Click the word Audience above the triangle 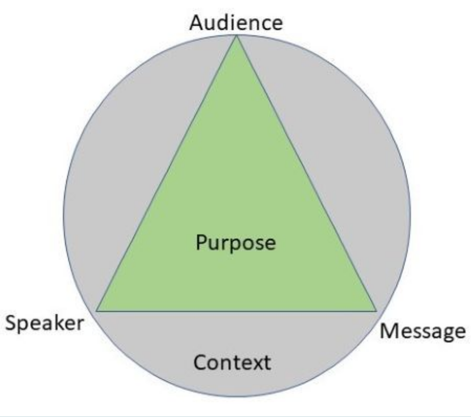point(236,23)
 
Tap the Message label point(422,331)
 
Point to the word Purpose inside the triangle point(236,244)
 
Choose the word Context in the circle point(232,363)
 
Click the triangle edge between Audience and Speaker point(167,174)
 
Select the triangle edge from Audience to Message point(305,174)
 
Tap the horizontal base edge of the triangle point(236,311)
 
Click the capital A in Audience point(196,23)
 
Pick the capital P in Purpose point(201,243)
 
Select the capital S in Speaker point(11,323)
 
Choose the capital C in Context point(200,362)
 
